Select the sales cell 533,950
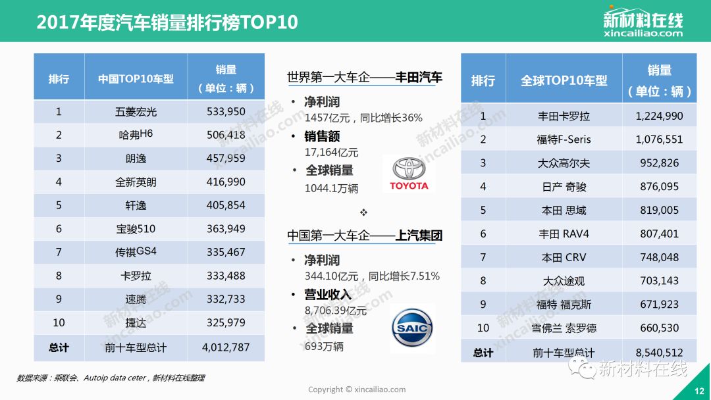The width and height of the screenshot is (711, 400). [226, 111]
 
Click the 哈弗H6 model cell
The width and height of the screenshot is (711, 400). [136, 135]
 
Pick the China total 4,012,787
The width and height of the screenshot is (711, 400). [226, 347]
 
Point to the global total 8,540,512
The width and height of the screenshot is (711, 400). [659, 353]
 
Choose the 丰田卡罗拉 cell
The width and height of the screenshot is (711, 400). [564, 116]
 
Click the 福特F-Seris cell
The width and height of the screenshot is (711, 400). [564, 139]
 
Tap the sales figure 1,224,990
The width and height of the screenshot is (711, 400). [659, 116]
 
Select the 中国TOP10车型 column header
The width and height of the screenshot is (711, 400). [136, 79]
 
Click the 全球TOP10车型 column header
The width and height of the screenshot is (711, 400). [564, 81]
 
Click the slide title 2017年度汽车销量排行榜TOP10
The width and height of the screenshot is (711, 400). [167, 22]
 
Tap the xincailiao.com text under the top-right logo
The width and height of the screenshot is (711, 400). [643, 33]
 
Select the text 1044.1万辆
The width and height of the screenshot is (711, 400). [332, 188]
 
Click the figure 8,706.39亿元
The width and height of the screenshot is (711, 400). [336, 311]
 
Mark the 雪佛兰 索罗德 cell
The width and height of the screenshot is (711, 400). [564, 328]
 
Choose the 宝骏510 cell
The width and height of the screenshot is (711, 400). [136, 229]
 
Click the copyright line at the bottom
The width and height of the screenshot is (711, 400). [357, 389]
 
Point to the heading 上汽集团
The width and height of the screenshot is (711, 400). [419, 236]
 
